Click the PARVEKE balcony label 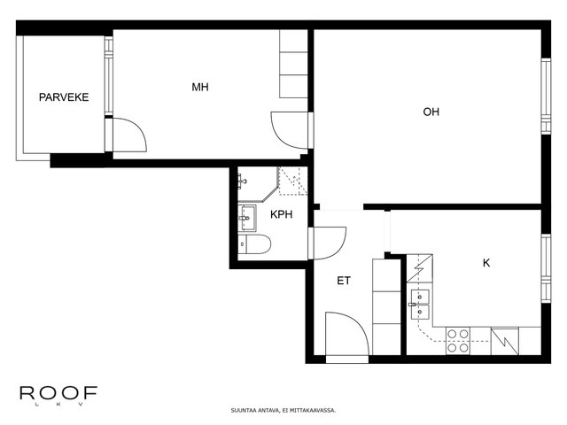point(64,97)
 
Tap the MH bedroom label point(200,87)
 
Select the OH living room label point(431,112)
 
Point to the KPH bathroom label point(282,214)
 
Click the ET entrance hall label point(344,281)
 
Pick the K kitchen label point(486,263)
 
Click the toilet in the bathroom point(254,244)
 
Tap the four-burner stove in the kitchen point(458,341)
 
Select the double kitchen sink point(420,305)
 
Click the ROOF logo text point(58,393)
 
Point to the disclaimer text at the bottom point(283,411)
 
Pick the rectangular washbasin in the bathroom point(247,218)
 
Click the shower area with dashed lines point(292,181)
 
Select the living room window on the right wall point(546,96)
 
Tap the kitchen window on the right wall point(546,268)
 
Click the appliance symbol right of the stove point(505,341)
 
